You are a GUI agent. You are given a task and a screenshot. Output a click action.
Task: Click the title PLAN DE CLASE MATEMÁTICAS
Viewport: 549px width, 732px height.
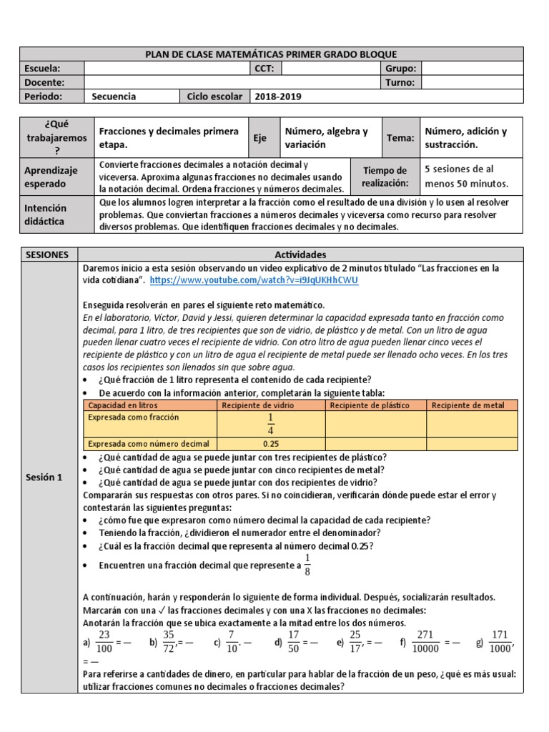coord(271,54)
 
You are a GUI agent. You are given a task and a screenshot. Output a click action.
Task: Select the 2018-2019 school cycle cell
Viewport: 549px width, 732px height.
coord(278,97)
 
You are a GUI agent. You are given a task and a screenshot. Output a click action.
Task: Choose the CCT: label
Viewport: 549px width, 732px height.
coord(265,69)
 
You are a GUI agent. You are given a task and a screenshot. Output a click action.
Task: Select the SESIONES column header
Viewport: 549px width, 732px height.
coord(48,254)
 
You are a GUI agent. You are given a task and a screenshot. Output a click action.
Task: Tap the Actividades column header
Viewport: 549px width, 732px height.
coord(300,254)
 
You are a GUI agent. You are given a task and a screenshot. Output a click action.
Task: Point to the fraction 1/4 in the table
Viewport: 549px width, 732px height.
coord(269,423)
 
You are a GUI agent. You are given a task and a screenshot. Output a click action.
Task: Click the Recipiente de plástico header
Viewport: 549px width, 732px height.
coord(375,405)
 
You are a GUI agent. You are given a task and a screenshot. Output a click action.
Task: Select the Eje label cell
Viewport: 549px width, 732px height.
coord(259,138)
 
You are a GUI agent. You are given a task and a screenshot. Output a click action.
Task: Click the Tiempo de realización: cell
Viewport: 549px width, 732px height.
coord(385,177)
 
